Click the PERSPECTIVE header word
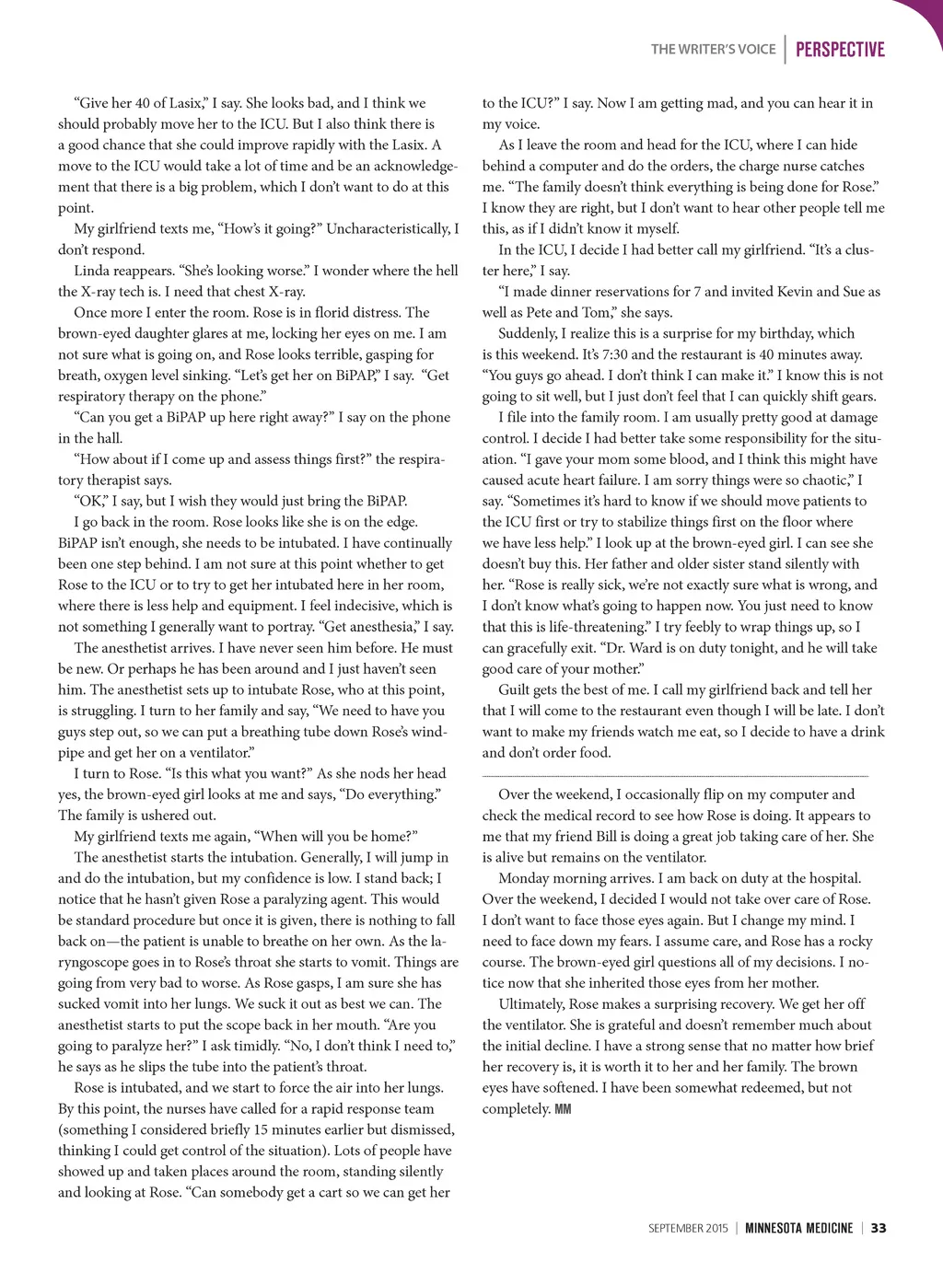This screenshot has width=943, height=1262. [x=839, y=50]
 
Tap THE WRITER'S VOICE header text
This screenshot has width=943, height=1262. [x=713, y=50]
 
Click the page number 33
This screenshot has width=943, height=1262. [x=879, y=1228]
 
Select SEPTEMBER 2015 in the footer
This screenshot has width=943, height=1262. [x=688, y=1228]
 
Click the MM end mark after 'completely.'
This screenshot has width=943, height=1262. [x=563, y=1109]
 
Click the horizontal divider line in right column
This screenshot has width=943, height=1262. [x=675, y=777]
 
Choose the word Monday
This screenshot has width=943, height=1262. [x=524, y=878]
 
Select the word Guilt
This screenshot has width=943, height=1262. [x=516, y=689]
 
